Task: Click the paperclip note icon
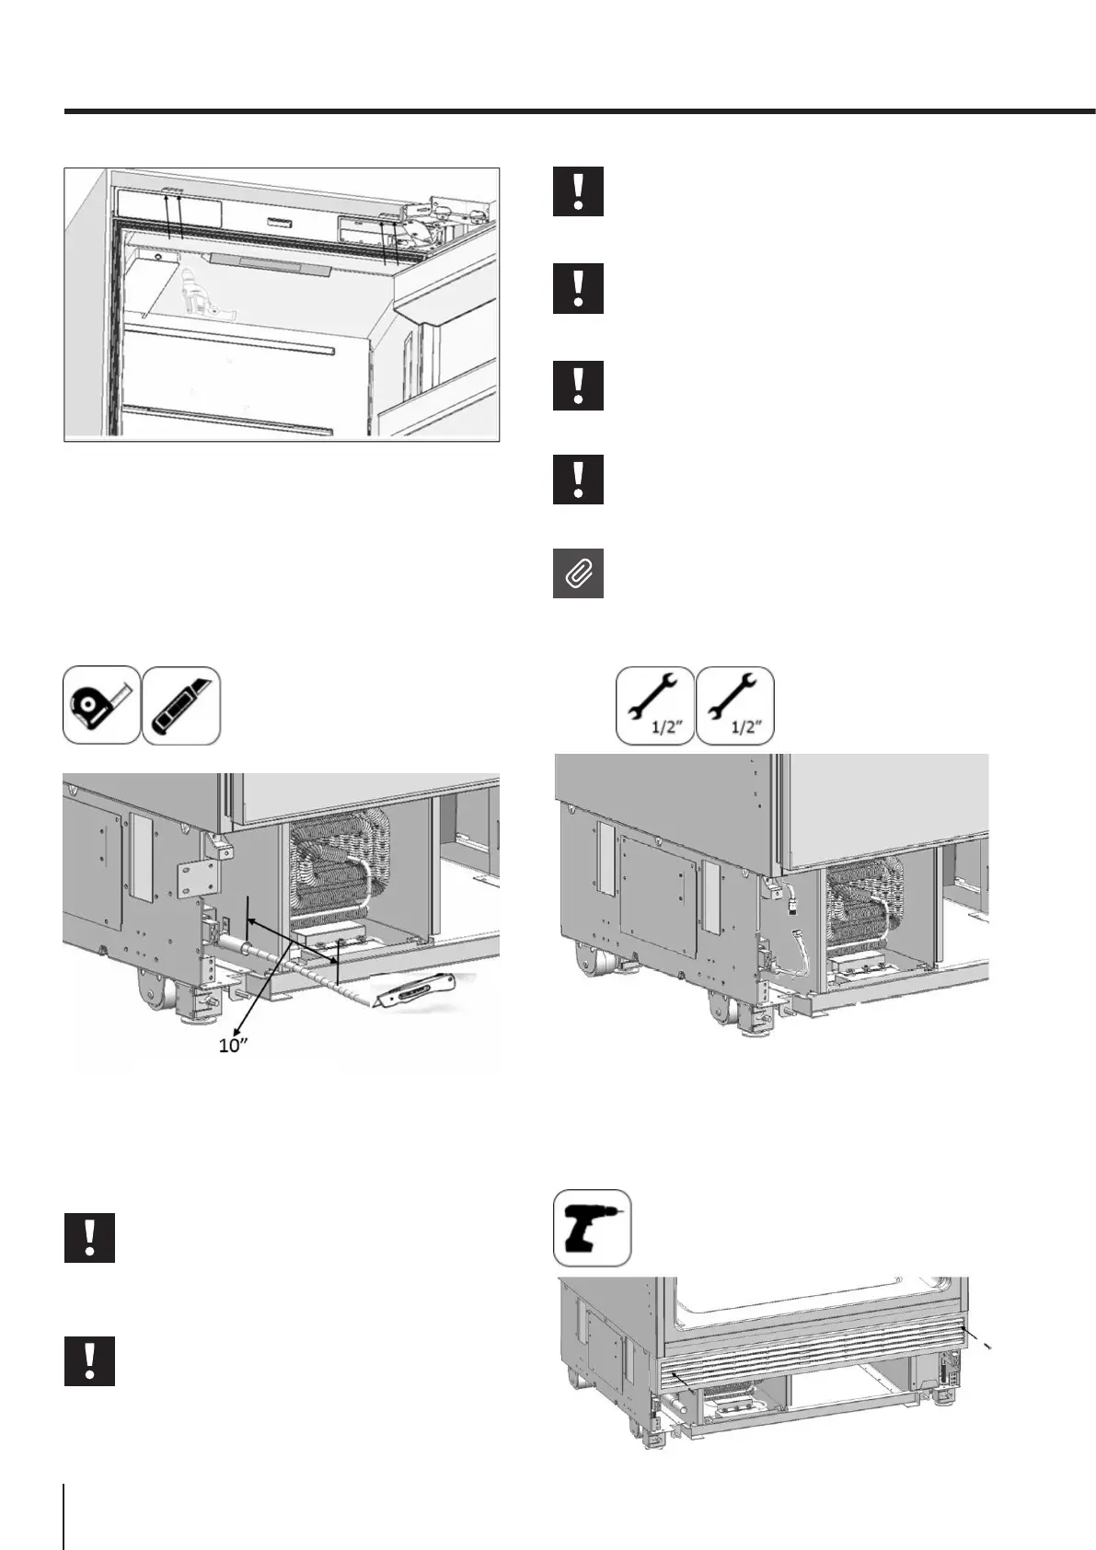[x=578, y=573]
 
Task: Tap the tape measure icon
[x=101, y=705]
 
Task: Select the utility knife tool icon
[x=181, y=705]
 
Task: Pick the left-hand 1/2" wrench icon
[x=654, y=705]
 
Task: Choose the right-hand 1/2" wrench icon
[x=735, y=705]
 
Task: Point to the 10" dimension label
[x=235, y=1047]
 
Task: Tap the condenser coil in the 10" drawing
[x=340, y=865]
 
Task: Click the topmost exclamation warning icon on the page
[x=578, y=191]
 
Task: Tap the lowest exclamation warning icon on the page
[x=89, y=1360]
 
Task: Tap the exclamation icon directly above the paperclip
[x=578, y=479]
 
